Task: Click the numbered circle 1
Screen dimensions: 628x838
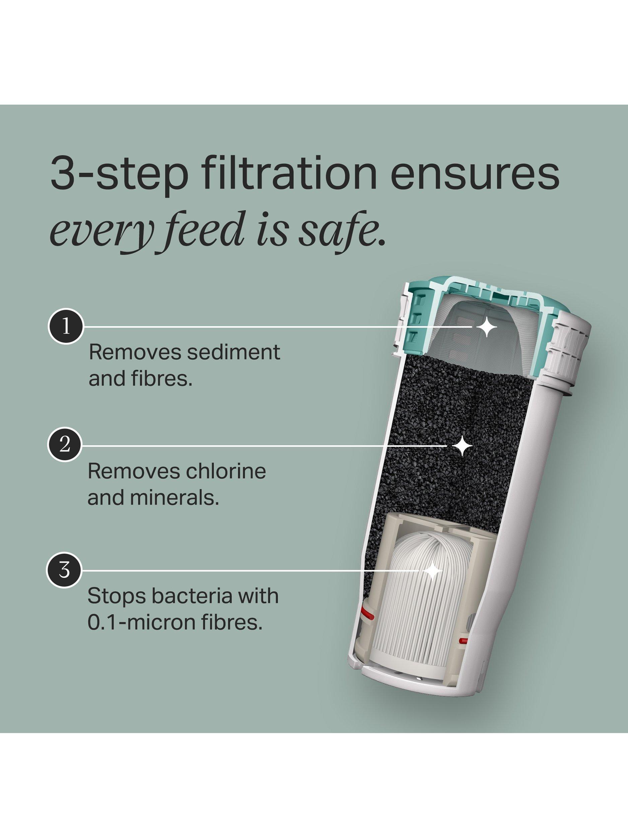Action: (x=66, y=326)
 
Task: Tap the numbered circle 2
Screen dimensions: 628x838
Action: (x=65, y=445)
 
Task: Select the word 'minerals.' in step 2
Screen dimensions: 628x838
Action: (x=153, y=497)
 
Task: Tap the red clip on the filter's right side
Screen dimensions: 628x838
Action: (x=463, y=641)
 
